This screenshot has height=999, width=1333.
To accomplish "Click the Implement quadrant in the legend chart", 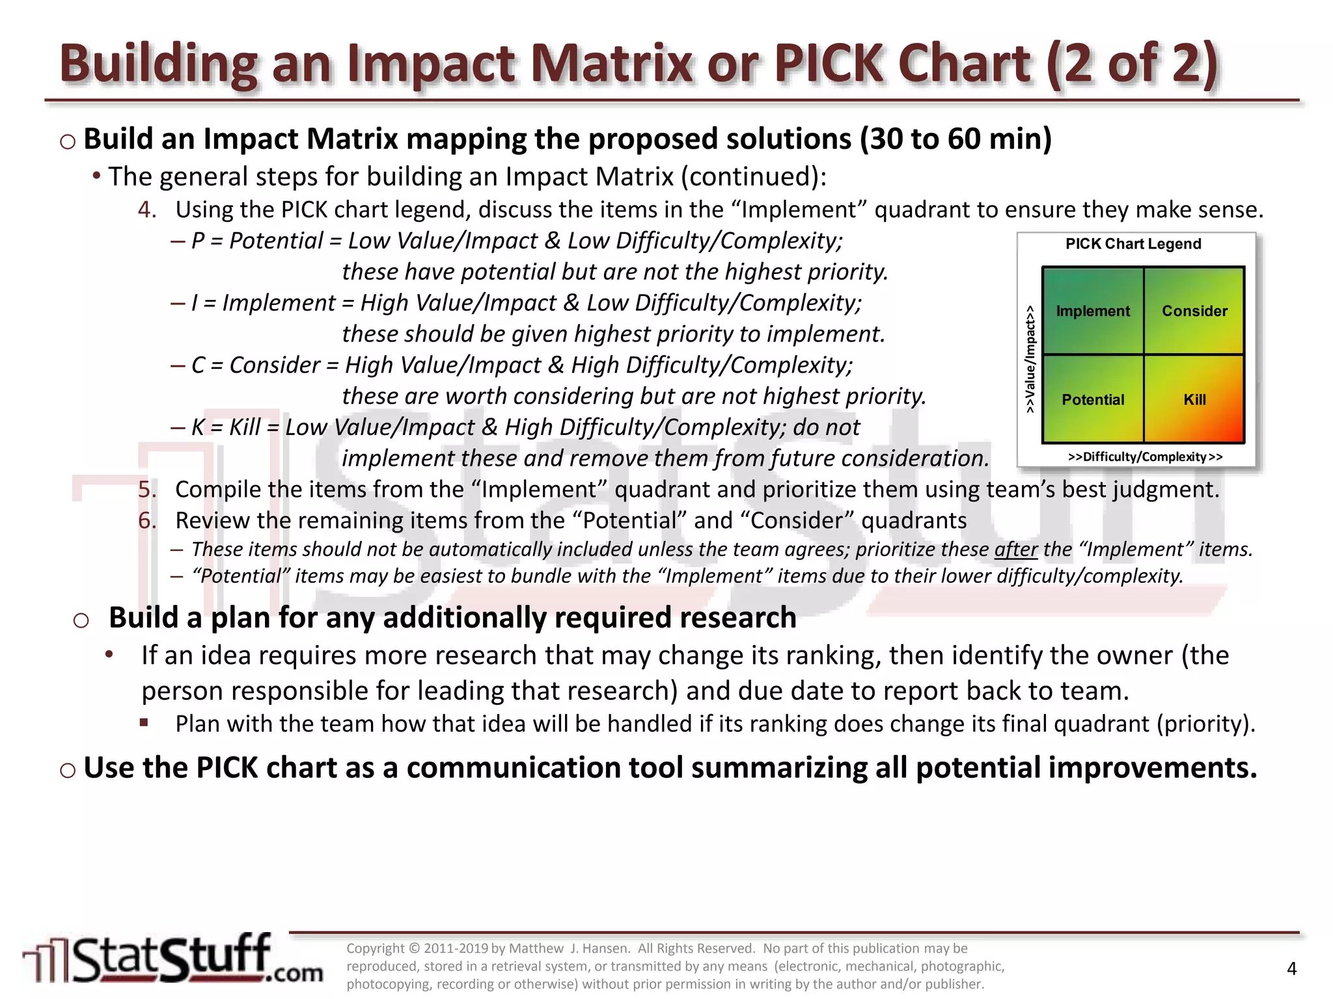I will [1092, 311].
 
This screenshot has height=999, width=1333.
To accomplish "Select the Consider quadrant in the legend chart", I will [1194, 311].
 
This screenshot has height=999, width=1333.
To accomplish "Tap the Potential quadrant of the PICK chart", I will [1092, 399].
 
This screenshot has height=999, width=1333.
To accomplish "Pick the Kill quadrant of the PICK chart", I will [1194, 399].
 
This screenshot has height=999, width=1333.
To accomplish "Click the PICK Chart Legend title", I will [1133, 244].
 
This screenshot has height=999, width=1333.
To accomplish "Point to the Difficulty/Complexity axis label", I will [1145, 457].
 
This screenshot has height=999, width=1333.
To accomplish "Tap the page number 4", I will [1291, 969].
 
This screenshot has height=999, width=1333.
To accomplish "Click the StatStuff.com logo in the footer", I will [172, 959].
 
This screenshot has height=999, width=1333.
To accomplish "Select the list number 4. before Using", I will [147, 209].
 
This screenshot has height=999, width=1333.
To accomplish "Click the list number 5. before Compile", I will [147, 489].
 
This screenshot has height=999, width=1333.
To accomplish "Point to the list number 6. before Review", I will [147, 520].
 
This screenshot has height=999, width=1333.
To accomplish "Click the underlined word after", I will [1015, 550].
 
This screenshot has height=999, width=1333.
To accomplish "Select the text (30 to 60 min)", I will [955, 139].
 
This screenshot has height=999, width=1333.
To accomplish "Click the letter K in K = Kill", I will [198, 427].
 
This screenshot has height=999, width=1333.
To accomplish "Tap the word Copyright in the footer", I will [376, 948].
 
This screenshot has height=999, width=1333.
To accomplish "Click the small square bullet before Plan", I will [144, 722].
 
